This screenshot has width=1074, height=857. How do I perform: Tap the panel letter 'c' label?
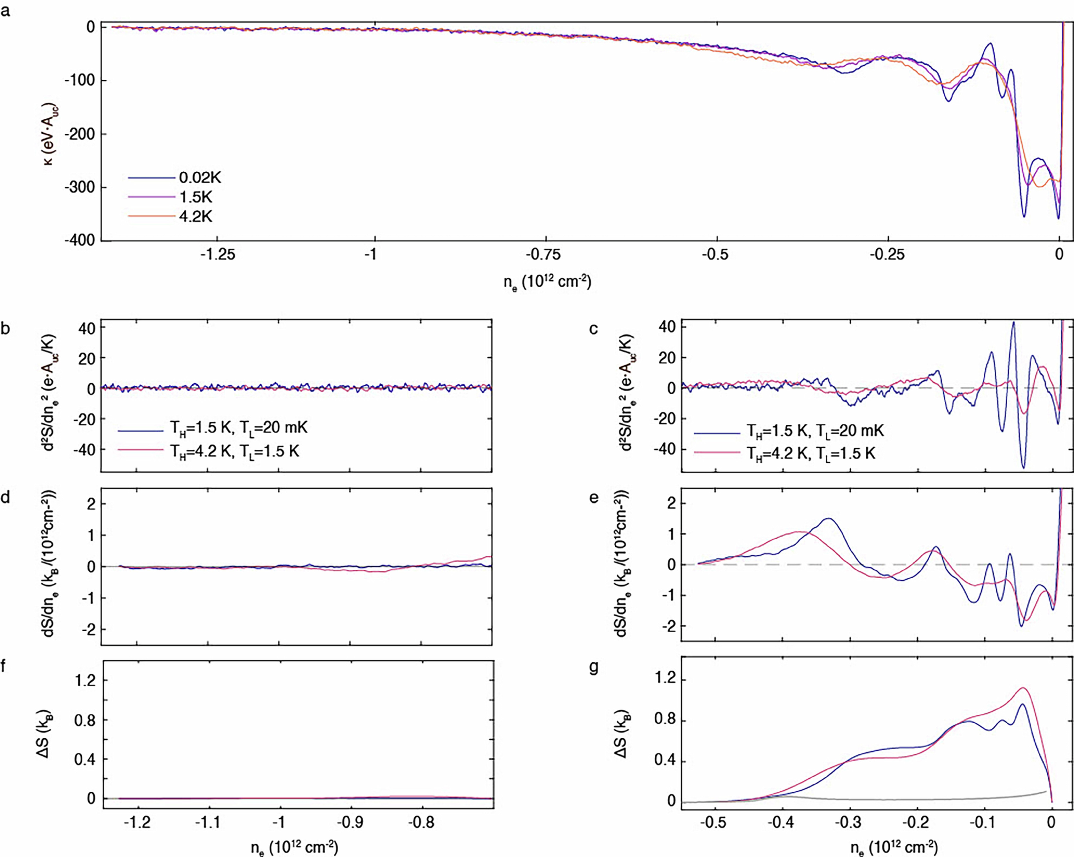point(593,329)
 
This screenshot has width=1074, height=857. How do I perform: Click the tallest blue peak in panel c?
point(1013,323)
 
